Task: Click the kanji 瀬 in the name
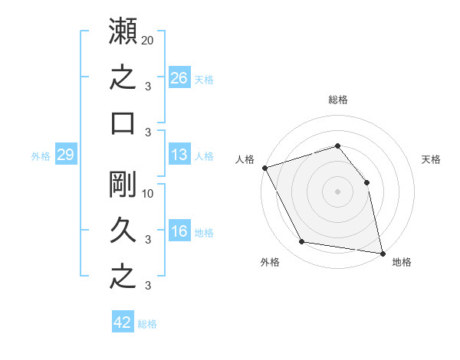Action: (123, 31)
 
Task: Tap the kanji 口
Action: (123, 123)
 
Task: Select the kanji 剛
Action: (123, 184)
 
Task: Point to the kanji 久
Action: (123, 230)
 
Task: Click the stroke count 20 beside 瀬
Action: (147, 41)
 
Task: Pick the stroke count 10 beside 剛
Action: (147, 194)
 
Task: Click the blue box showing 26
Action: (179, 77)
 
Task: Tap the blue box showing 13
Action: (179, 154)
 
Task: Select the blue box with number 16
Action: (179, 230)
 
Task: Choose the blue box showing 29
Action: (66, 154)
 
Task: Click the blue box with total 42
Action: (123, 321)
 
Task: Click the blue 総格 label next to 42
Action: (147, 324)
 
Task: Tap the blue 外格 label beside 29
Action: (41, 156)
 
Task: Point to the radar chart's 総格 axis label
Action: (338, 100)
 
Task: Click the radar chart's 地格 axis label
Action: (402, 262)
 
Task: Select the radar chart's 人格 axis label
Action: (245, 159)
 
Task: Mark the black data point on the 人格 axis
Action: (265, 168)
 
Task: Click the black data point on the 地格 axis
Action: (383, 254)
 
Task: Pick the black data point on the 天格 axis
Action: (366, 182)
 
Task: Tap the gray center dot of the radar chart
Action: (337, 191)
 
